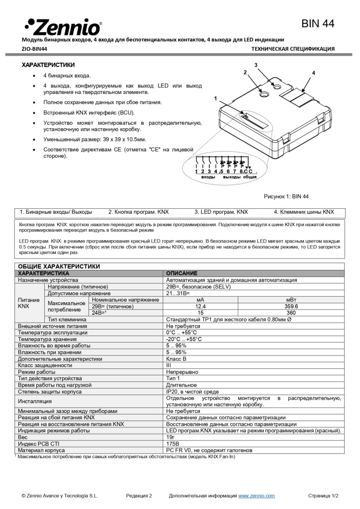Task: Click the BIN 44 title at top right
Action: (318, 23)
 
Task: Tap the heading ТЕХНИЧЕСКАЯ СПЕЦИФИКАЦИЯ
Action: (292, 49)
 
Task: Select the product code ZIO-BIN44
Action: (34, 49)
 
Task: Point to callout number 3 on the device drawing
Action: (256, 66)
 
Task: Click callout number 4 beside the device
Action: (313, 73)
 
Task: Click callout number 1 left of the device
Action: (216, 98)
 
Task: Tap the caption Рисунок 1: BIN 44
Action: (286, 196)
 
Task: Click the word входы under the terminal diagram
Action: (208, 177)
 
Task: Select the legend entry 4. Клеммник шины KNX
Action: (304, 212)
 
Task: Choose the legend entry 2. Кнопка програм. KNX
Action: (138, 212)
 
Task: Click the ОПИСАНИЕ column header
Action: (181, 273)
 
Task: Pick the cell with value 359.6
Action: (291, 307)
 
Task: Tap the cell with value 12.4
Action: (200, 307)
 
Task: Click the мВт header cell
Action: (291, 300)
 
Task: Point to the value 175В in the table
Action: (173, 443)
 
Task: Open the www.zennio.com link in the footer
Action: (256, 496)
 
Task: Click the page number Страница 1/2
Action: (323, 496)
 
